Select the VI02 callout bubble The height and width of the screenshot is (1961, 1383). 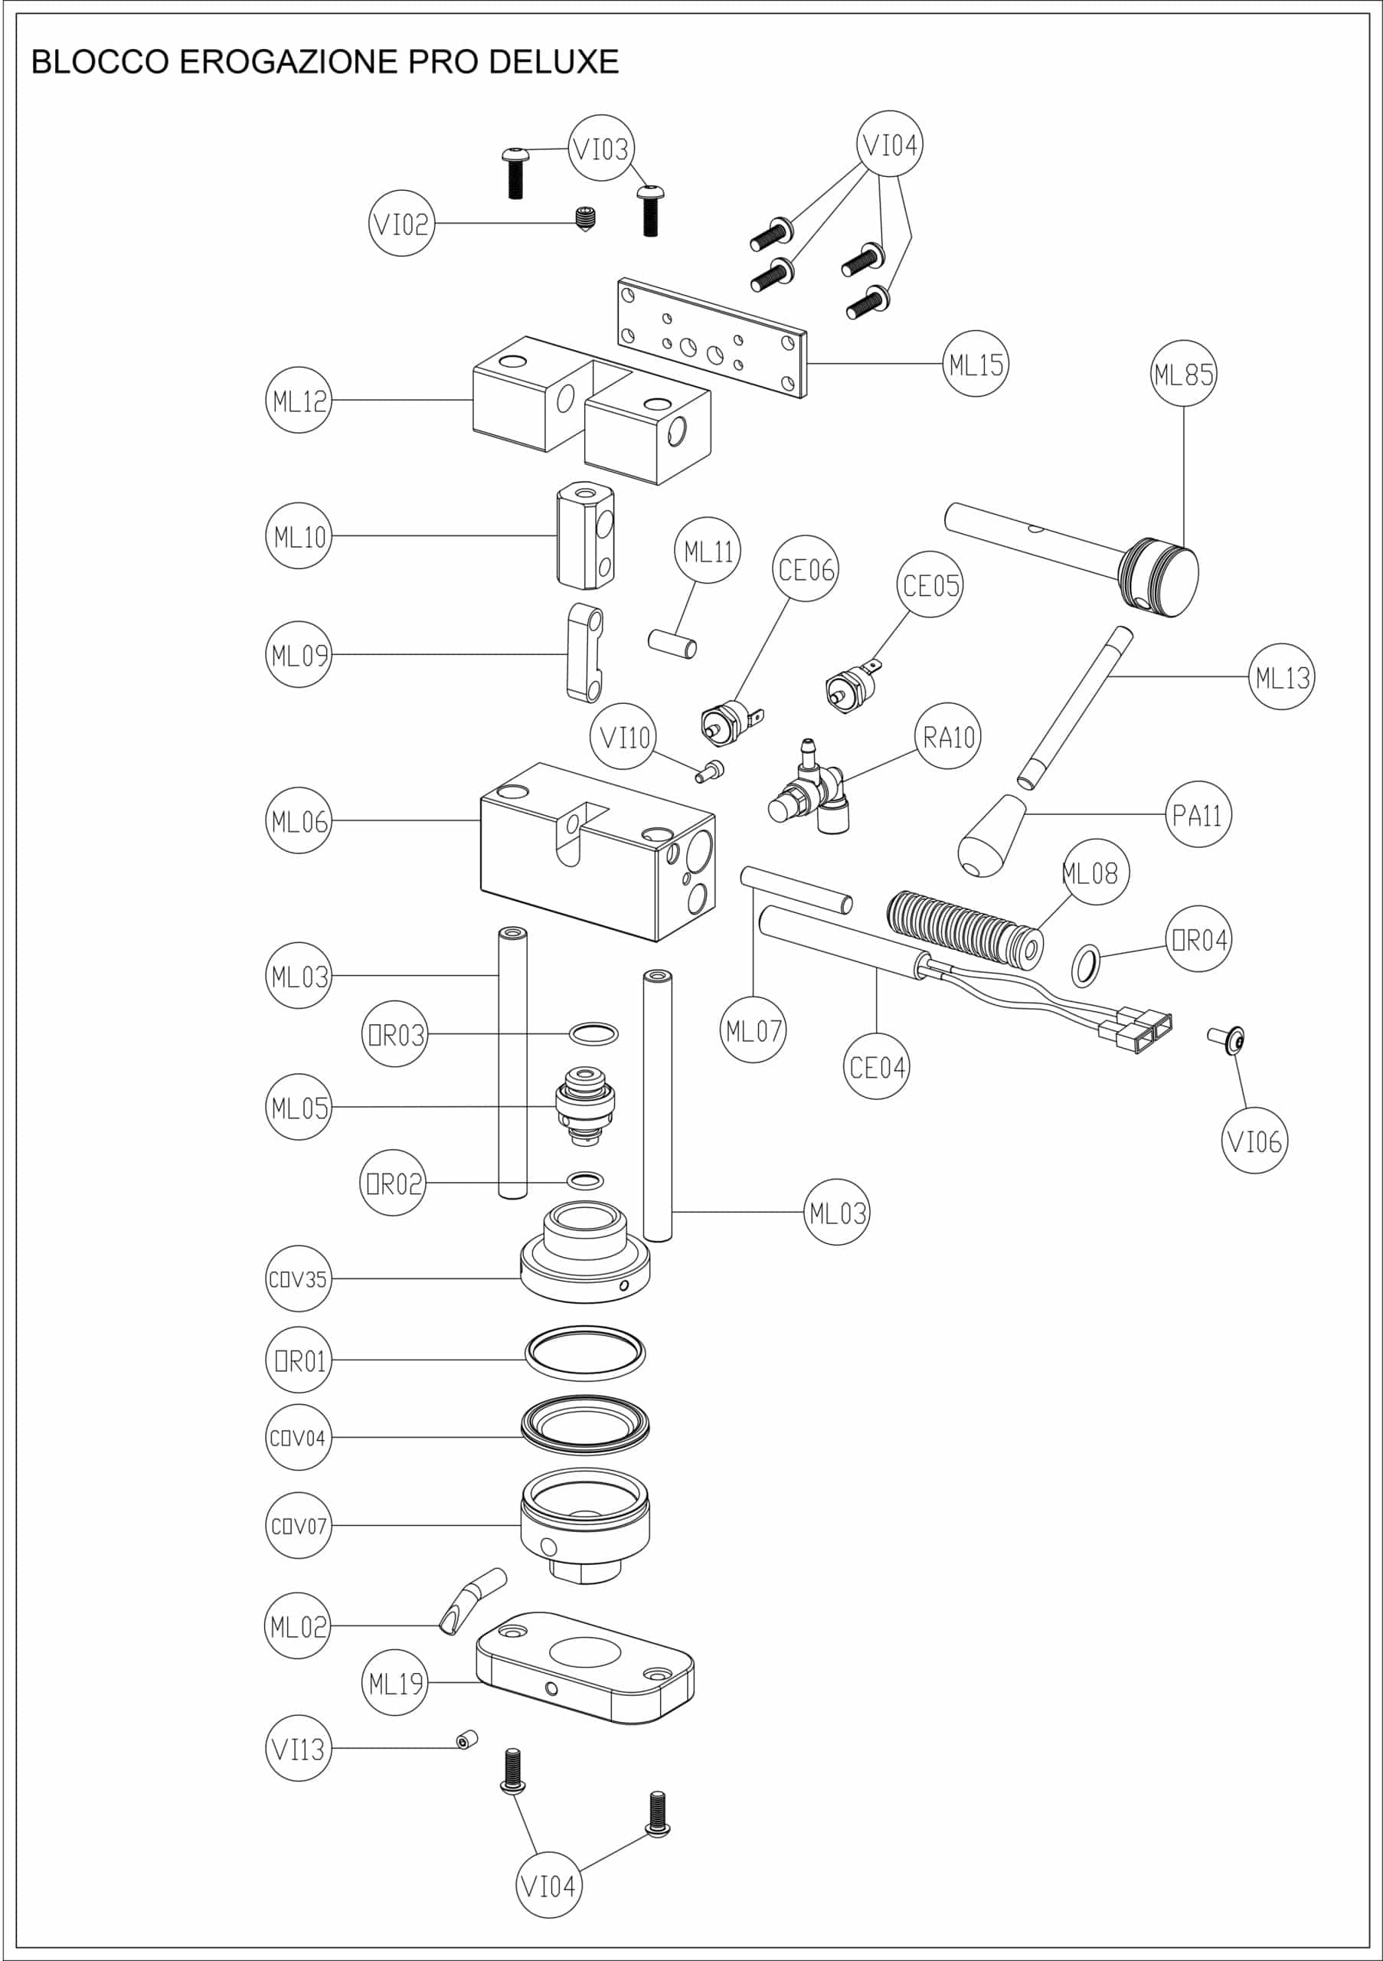[x=401, y=224]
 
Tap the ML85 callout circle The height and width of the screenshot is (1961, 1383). [x=1183, y=374]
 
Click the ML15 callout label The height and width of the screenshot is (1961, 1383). [x=976, y=365]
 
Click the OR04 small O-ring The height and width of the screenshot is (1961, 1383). [x=1086, y=965]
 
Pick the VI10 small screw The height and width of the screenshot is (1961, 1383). [x=709, y=772]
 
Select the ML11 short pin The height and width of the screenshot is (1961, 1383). [x=672, y=644]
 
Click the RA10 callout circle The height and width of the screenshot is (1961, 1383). [x=949, y=736]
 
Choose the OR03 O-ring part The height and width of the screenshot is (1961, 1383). [x=593, y=1034]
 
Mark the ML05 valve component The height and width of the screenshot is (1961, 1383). [x=586, y=1107]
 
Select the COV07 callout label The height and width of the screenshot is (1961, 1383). [x=298, y=1526]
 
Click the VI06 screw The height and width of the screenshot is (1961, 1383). [x=1228, y=1039]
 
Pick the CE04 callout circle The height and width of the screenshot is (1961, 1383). [x=877, y=1067]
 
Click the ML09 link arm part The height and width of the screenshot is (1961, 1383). [x=585, y=653]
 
